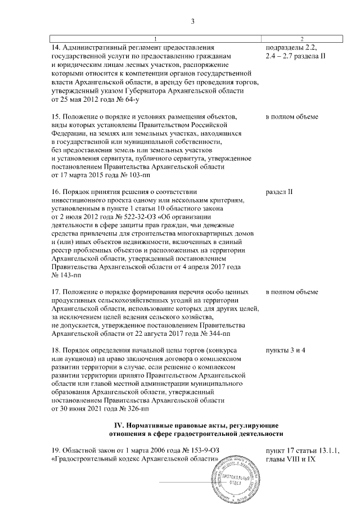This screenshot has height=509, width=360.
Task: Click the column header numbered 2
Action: (302, 38)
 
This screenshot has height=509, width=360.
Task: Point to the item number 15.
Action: (55, 117)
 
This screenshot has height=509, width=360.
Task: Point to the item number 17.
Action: (55, 292)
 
